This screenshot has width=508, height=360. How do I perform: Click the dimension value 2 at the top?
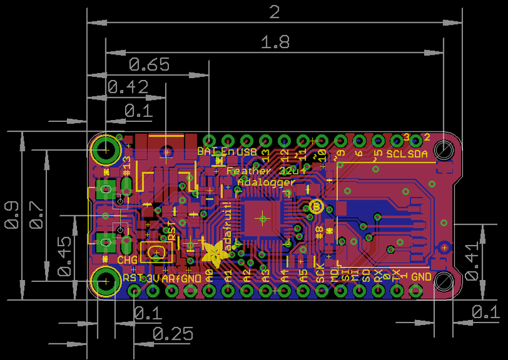point(275,12)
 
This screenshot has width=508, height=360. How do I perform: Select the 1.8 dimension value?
point(275,43)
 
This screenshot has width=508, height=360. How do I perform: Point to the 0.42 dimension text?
point(128,88)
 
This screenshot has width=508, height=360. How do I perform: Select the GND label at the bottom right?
point(421,277)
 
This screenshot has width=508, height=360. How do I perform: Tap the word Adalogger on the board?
point(265,182)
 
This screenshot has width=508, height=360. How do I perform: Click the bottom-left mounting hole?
point(104,279)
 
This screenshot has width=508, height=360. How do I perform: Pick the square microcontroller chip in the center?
point(261,218)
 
